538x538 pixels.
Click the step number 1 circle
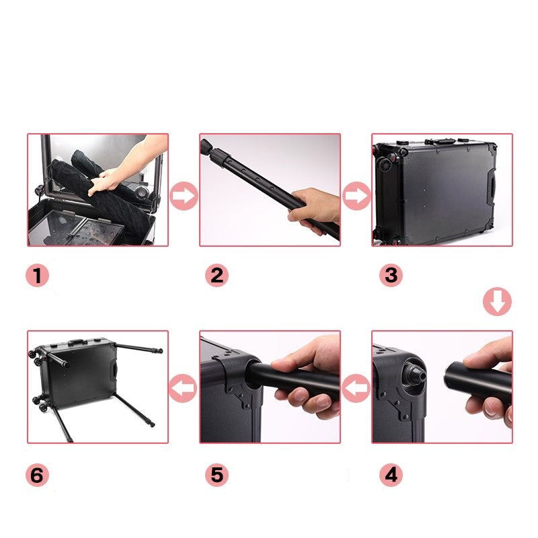(x=38, y=276)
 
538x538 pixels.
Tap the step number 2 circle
(x=217, y=276)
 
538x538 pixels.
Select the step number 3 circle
(x=391, y=276)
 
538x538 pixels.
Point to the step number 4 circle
(x=391, y=475)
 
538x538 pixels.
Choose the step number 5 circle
(x=217, y=475)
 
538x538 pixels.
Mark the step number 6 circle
(x=38, y=475)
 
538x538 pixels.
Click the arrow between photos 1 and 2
(x=184, y=196)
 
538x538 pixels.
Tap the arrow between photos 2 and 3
(x=357, y=196)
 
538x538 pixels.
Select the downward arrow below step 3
(x=497, y=301)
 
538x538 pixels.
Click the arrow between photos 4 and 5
(x=356, y=388)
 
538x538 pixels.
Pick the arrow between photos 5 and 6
(x=183, y=388)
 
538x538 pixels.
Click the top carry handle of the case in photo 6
(x=77, y=342)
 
